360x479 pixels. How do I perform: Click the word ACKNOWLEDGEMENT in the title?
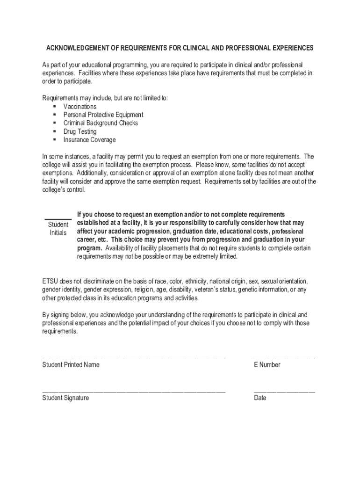[76, 48]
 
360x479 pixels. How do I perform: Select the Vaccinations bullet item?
[80, 107]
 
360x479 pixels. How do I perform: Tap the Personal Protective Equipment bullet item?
[103, 115]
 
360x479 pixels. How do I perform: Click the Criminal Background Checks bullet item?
[101, 123]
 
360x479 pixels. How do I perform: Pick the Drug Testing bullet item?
[80, 131]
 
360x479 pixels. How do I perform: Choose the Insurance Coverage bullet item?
[89, 140]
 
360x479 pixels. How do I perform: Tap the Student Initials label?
[58, 229]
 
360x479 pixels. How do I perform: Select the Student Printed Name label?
[71, 365]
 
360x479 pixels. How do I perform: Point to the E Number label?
[267, 365]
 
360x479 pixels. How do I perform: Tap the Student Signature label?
[65, 398]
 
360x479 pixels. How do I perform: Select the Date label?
[260, 398]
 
